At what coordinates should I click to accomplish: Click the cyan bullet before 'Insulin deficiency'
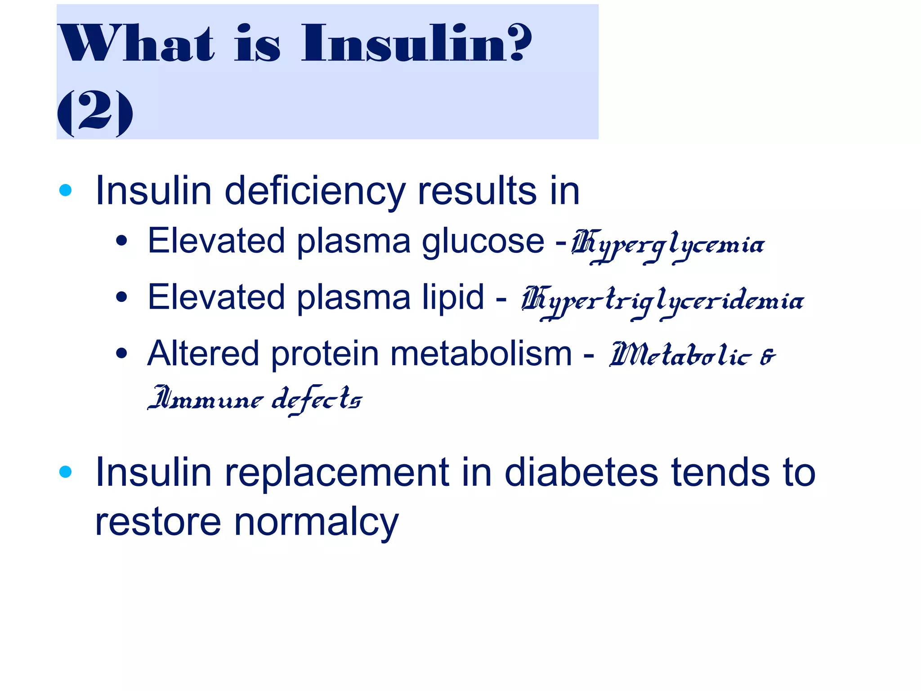click(66, 190)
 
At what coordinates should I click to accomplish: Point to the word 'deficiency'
click(315, 191)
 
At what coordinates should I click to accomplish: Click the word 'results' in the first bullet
click(477, 191)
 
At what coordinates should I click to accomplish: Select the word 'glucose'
click(483, 242)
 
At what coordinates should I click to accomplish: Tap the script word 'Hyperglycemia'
click(667, 246)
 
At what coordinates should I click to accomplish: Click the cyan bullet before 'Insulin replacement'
click(66, 472)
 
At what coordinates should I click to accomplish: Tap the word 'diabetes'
click(581, 472)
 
